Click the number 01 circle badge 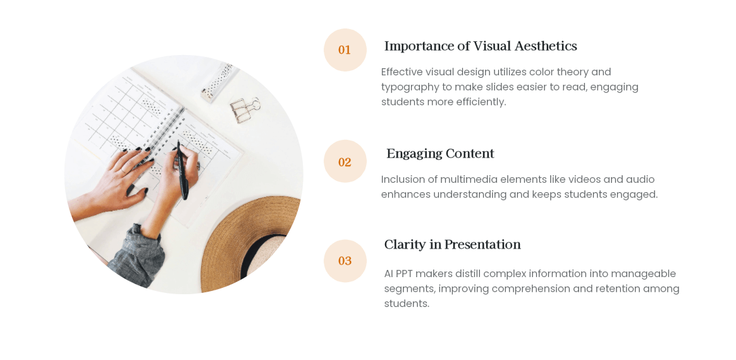tap(345, 50)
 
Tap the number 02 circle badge tap(345, 161)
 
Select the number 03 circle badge tap(345, 261)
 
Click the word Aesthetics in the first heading tap(546, 46)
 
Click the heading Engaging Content tap(440, 154)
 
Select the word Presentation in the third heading tap(482, 245)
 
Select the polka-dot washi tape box tap(218, 82)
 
